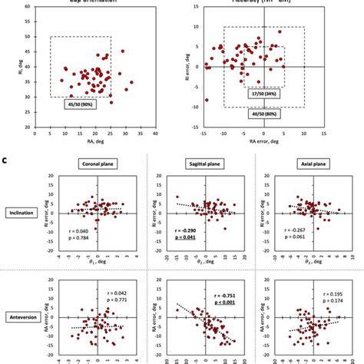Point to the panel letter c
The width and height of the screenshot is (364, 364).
point(6,159)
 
